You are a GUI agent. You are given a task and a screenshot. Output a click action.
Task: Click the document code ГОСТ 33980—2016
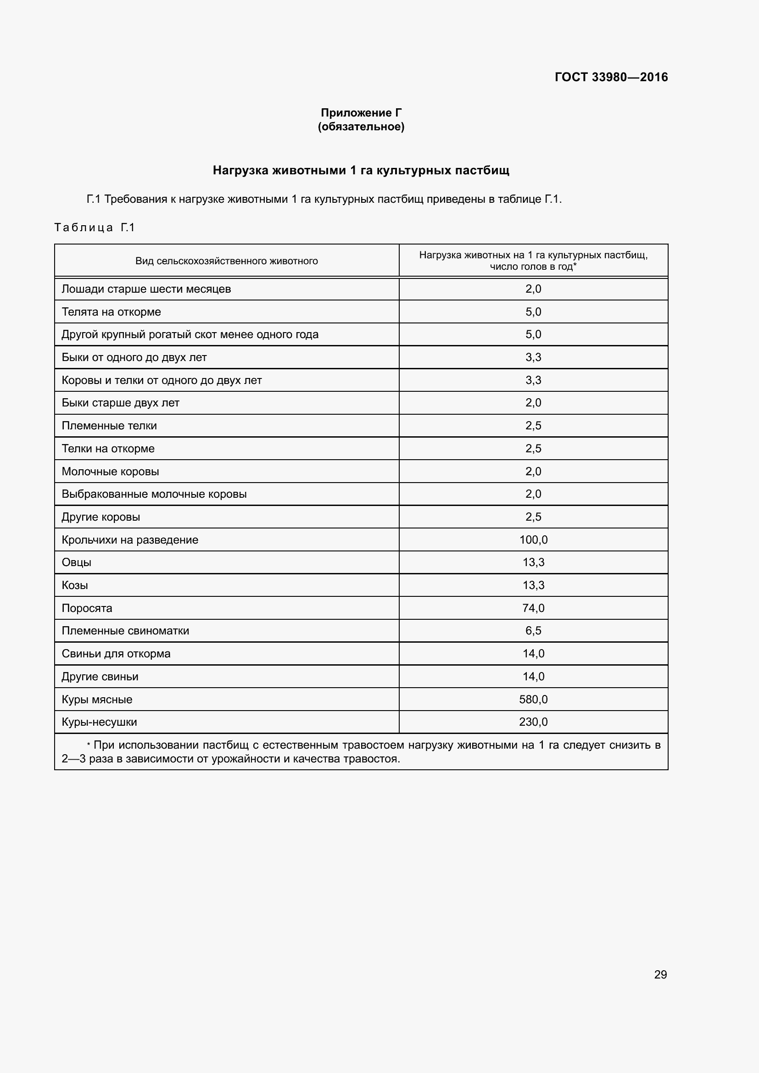[611, 77]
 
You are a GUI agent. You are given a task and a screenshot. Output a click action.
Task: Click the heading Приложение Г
[361, 113]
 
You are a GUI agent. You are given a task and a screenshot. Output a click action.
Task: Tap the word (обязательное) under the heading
[361, 127]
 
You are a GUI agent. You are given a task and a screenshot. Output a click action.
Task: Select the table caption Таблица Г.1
[95, 228]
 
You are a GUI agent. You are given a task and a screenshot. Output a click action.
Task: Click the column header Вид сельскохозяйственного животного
[227, 261]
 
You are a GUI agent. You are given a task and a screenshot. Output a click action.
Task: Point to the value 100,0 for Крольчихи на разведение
[533, 540]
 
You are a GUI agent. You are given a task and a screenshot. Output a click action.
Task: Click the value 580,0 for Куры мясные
[533, 700]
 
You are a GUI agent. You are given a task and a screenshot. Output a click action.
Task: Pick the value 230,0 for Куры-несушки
[533, 722]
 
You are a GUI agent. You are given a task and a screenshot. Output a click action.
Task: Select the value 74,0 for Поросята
[533, 608]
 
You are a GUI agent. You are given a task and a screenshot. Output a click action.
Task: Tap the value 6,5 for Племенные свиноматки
[533, 631]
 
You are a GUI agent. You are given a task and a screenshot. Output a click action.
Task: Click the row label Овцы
[77, 563]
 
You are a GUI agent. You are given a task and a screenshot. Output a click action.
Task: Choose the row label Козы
[75, 585]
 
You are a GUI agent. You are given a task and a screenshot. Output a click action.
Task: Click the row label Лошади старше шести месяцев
[146, 289]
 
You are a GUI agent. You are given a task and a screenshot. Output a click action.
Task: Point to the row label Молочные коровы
[110, 472]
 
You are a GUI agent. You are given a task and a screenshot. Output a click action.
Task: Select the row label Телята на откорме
[111, 312]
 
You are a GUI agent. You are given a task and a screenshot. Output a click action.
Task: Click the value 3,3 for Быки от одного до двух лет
[533, 357]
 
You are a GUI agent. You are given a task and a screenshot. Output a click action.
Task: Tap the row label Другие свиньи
[100, 677]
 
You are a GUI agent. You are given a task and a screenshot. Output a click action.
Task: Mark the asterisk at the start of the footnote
[88, 745]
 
